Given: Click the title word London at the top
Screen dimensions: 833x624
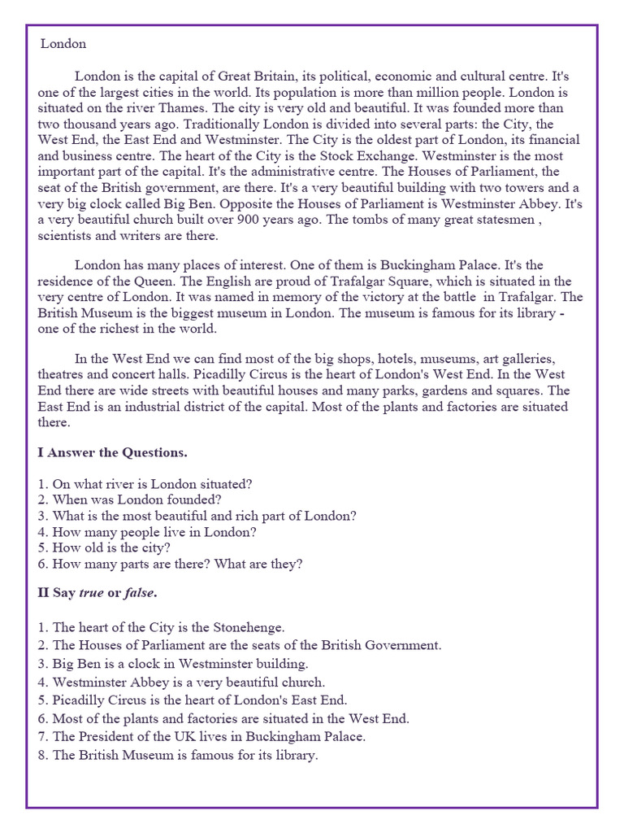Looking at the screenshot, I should (x=63, y=43).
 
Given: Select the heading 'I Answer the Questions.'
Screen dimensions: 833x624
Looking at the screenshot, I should (x=112, y=451).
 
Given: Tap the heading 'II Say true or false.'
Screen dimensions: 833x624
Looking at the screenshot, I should (x=97, y=592).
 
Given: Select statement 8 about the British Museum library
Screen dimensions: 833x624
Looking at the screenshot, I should (x=178, y=755).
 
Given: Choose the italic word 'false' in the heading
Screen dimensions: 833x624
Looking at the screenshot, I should (x=139, y=592).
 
